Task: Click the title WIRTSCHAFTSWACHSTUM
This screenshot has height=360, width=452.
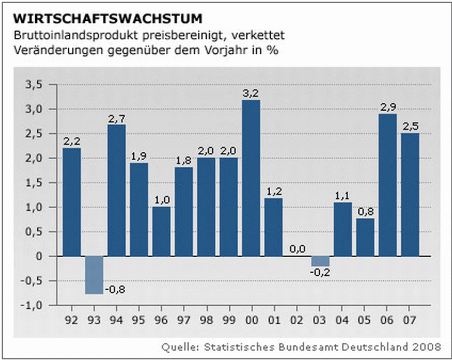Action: point(108,19)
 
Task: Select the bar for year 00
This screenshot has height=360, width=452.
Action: point(251,178)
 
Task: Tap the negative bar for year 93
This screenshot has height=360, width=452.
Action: point(94,275)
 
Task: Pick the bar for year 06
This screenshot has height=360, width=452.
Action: point(388,185)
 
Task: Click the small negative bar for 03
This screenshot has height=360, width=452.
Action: point(320,261)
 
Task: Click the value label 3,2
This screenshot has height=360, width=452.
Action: point(251,93)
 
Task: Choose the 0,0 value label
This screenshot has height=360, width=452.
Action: point(297,249)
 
